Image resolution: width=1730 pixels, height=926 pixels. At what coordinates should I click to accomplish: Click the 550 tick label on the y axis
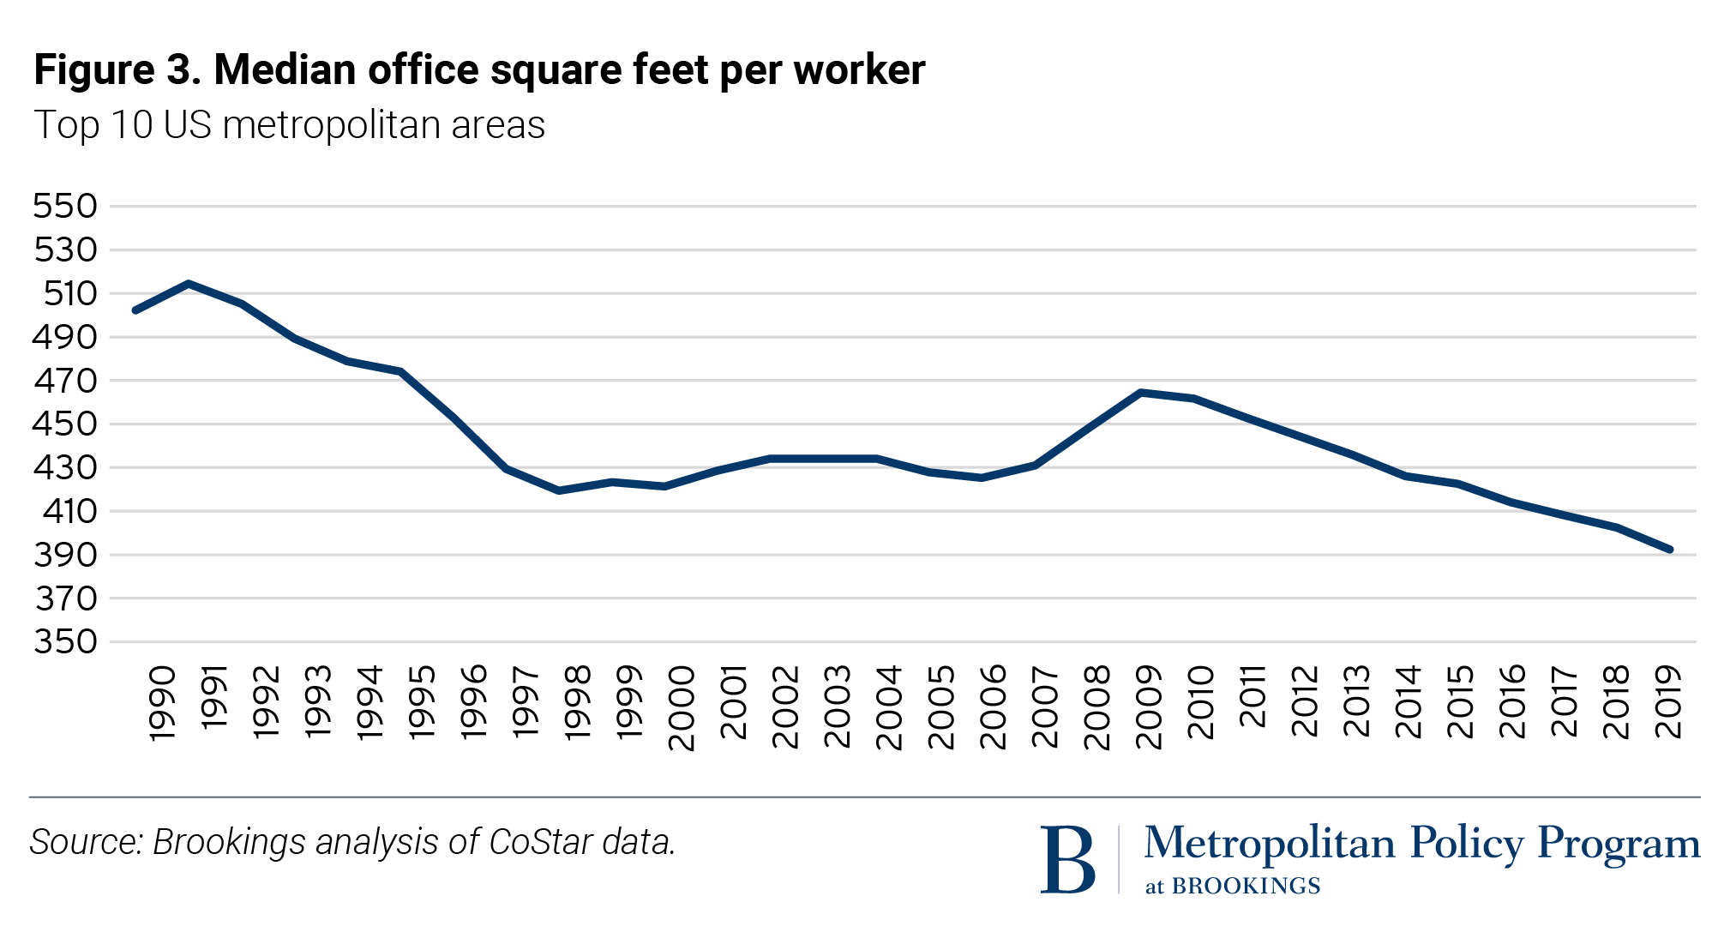pos(65,207)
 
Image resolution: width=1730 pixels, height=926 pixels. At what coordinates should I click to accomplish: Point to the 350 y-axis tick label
pos(65,642)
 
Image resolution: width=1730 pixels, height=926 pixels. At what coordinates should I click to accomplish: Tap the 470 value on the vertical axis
pos(65,381)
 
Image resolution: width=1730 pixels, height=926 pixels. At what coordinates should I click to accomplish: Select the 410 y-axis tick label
pos(65,512)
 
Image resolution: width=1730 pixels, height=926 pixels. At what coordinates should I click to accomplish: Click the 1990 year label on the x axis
pos(162,704)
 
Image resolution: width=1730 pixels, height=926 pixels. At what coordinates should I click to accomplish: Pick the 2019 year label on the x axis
pos(1668,702)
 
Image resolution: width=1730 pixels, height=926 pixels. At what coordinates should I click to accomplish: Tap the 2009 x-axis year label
pos(1149,707)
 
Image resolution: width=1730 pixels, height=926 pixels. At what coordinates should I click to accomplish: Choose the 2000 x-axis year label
pos(682,708)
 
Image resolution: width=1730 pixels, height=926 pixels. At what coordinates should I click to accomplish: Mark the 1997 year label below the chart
pos(526,702)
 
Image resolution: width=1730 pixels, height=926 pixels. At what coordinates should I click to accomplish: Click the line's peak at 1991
pos(189,283)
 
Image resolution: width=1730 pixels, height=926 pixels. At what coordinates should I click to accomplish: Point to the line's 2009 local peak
pos(1140,392)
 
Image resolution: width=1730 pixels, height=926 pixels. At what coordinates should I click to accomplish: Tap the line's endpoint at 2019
pos(1670,550)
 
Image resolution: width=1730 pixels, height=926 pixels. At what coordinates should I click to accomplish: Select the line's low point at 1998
pos(559,490)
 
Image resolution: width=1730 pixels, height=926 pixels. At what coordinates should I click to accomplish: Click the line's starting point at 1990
pos(135,310)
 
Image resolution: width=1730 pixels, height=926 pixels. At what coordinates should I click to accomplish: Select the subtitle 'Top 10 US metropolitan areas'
pos(289,125)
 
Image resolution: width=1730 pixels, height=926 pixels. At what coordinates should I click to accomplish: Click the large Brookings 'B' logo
pos(1067,859)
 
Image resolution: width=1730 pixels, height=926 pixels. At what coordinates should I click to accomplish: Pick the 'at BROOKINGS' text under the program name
pos(1233,887)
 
